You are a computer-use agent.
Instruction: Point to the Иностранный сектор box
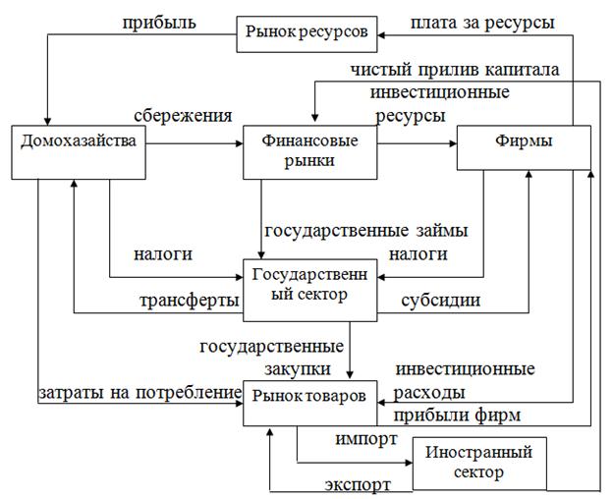click(474, 462)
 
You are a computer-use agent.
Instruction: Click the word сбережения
click(185, 115)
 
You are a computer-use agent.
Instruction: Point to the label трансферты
click(187, 301)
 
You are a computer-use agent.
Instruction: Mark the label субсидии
click(441, 301)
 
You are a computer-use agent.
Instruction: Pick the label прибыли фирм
click(457, 416)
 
